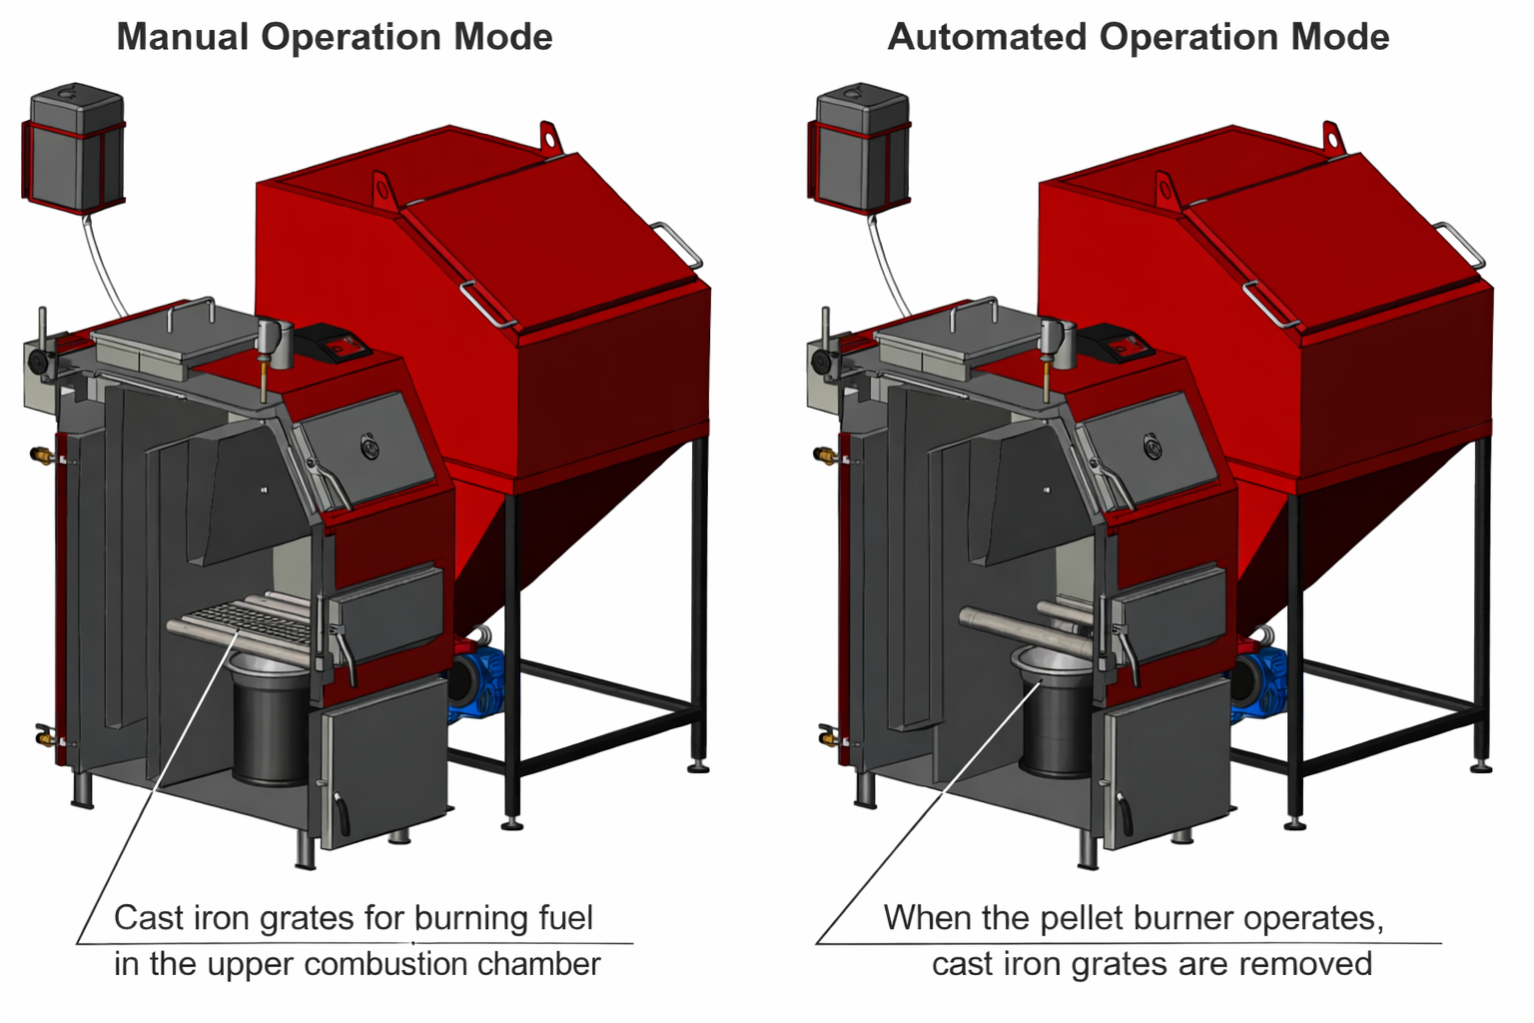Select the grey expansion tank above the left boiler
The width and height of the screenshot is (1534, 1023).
click(x=75, y=150)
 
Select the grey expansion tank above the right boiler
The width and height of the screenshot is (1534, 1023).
click(x=860, y=150)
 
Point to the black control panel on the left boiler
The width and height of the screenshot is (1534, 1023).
click(x=336, y=343)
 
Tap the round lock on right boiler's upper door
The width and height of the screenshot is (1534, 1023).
click(x=1154, y=446)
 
